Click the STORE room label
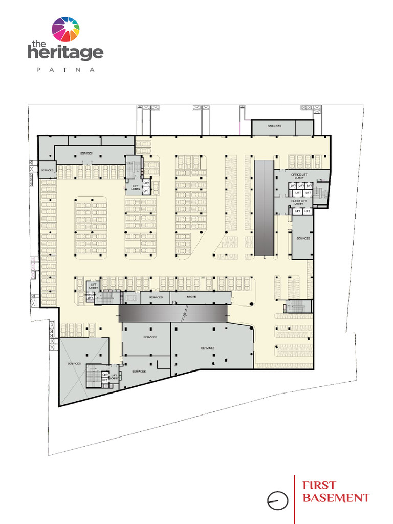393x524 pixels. (191, 297)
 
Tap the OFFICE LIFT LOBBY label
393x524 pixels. (299, 176)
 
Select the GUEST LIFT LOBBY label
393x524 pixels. (299, 202)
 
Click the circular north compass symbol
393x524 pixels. (277, 500)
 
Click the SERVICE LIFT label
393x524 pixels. (91, 296)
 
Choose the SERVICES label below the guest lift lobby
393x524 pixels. (303, 238)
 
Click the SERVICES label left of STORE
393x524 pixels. (156, 297)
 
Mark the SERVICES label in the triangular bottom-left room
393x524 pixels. (74, 363)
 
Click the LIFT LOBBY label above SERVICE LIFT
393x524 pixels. (94, 287)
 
